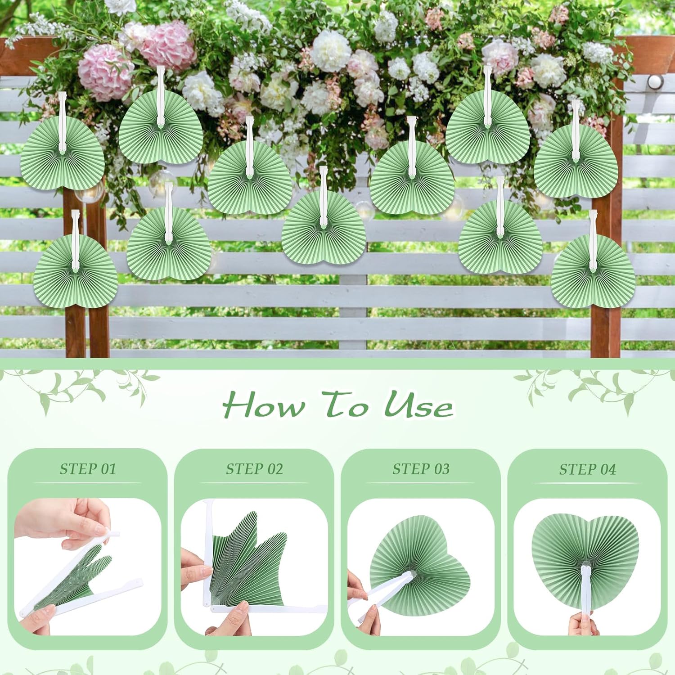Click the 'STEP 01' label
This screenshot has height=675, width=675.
[88, 469]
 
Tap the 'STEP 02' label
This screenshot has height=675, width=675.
[255, 469]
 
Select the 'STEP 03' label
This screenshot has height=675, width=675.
[421, 469]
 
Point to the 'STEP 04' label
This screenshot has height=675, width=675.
[588, 470]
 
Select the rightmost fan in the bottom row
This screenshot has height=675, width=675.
[593, 268]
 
